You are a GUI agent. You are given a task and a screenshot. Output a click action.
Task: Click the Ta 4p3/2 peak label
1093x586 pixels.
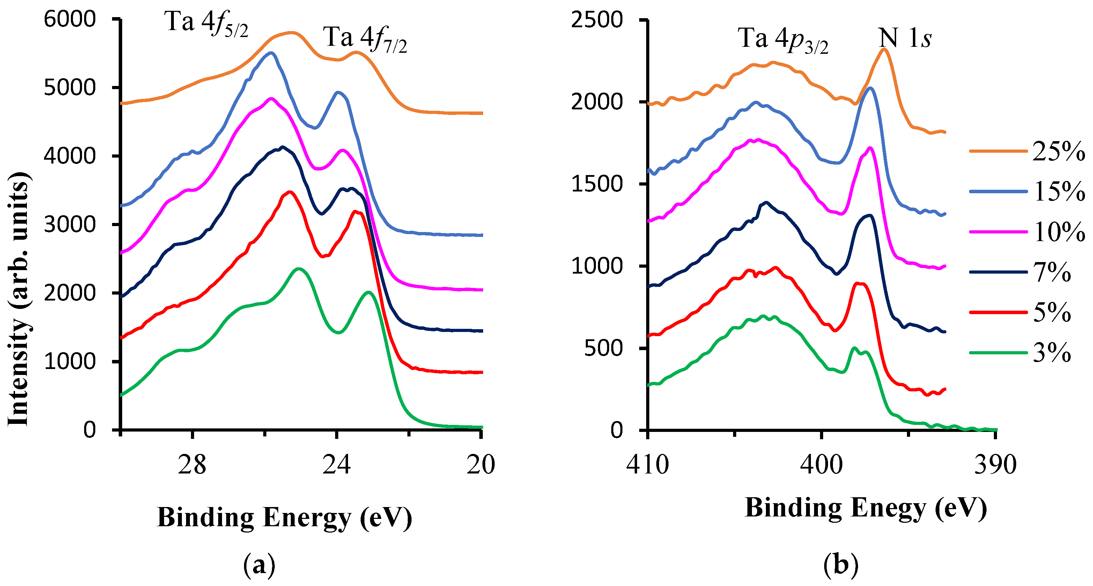pos(783,40)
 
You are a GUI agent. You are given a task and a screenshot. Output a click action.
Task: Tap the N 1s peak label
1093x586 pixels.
pos(904,38)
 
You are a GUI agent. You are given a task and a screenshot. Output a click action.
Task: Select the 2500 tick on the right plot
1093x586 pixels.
pos(597,20)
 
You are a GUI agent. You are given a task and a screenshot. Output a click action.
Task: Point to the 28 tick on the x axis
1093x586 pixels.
pos(192,465)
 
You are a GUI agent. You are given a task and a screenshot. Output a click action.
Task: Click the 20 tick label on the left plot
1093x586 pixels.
pos(481,465)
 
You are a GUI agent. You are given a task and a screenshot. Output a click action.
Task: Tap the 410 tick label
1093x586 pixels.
pos(648,465)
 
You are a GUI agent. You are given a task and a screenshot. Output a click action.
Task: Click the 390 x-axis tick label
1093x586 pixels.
pos(995,465)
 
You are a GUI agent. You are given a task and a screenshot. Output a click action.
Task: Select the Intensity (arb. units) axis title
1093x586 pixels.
pos(19,299)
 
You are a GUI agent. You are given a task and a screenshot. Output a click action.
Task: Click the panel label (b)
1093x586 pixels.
pos(841,565)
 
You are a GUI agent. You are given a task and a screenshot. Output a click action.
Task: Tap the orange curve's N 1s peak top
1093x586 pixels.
pos(884,49)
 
